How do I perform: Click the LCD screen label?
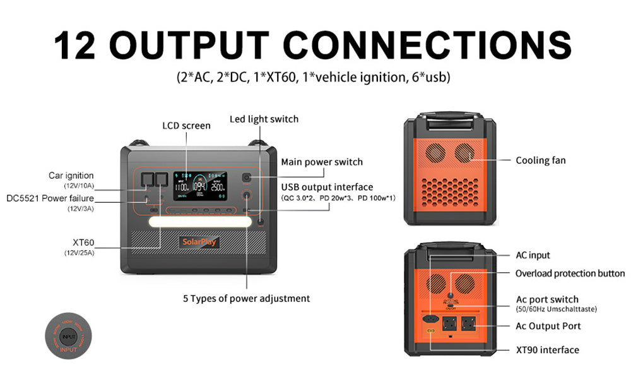click(186, 126)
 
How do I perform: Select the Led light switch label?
click(264, 119)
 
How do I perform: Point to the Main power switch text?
click(322, 162)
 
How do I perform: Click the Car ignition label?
click(71, 175)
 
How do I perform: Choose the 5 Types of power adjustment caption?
click(247, 298)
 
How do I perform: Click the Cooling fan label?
click(541, 160)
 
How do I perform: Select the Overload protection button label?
click(570, 274)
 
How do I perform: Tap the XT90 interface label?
click(547, 350)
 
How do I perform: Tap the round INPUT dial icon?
click(69, 338)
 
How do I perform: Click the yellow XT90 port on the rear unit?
click(431, 332)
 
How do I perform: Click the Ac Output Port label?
click(548, 326)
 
